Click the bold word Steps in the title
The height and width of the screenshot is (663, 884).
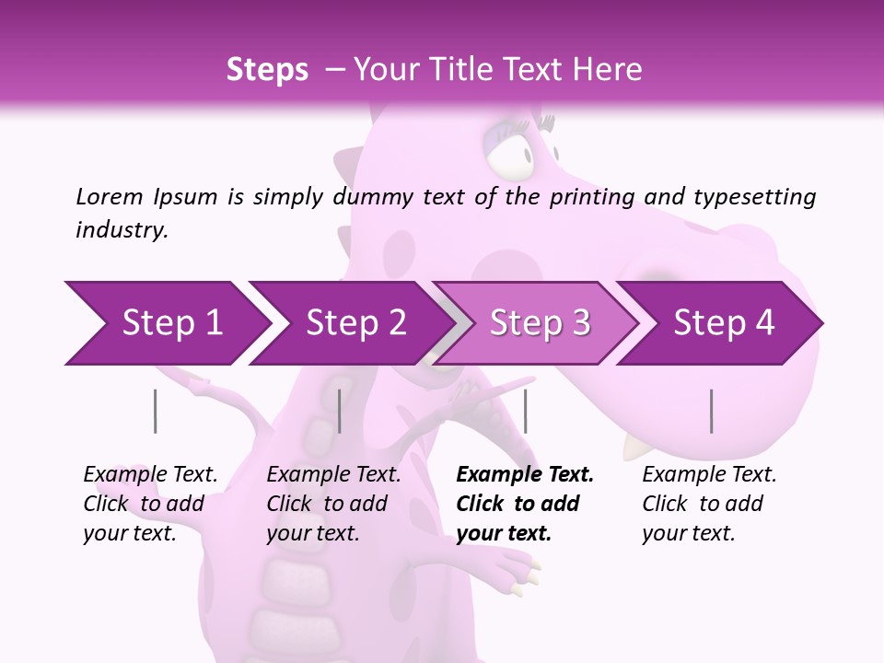pyautogui.click(x=267, y=70)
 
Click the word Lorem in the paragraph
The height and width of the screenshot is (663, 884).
pyautogui.click(x=109, y=197)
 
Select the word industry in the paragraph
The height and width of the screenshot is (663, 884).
pyautogui.click(x=121, y=230)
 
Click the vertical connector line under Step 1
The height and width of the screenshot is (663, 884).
pyautogui.click(x=155, y=411)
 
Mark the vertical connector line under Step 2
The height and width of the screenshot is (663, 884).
pyautogui.click(x=340, y=411)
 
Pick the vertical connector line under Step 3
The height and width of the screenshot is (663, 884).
pyautogui.click(x=525, y=411)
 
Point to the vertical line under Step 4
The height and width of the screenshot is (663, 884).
pyautogui.click(x=711, y=411)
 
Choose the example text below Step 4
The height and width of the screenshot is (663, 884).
pyautogui.click(x=707, y=504)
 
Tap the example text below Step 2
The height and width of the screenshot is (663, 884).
pyautogui.click(x=332, y=504)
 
